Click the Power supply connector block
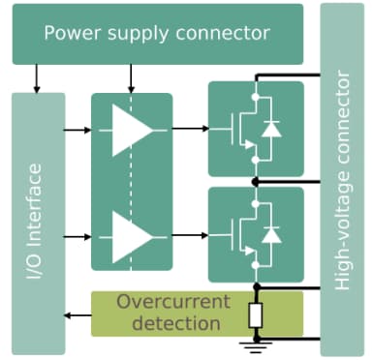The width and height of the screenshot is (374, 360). pyautogui.click(x=155, y=34)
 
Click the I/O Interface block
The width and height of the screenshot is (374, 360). pyautogui.click(x=37, y=223)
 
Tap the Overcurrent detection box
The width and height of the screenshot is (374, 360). pyautogui.click(x=169, y=312)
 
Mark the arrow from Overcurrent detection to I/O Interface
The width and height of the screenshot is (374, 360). pyautogui.click(x=78, y=314)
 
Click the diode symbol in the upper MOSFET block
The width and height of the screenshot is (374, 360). pyautogui.click(x=272, y=129)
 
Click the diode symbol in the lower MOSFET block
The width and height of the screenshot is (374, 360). pyautogui.click(x=272, y=234)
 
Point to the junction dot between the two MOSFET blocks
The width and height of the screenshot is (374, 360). pyautogui.click(x=255, y=182)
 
